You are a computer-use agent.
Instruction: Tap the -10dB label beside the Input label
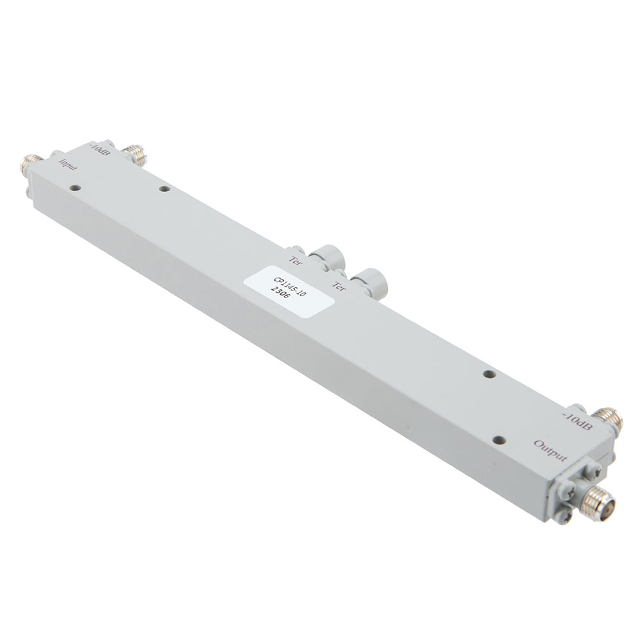tap(101, 153)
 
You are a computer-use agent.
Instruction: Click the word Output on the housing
tap(551, 449)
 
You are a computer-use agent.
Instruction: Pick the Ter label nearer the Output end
tap(338, 285)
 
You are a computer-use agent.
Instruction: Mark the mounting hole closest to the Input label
tap(76, 189)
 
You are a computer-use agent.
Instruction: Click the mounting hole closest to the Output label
tap(497, 440)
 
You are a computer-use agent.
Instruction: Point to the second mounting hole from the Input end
tap(164, 189)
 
